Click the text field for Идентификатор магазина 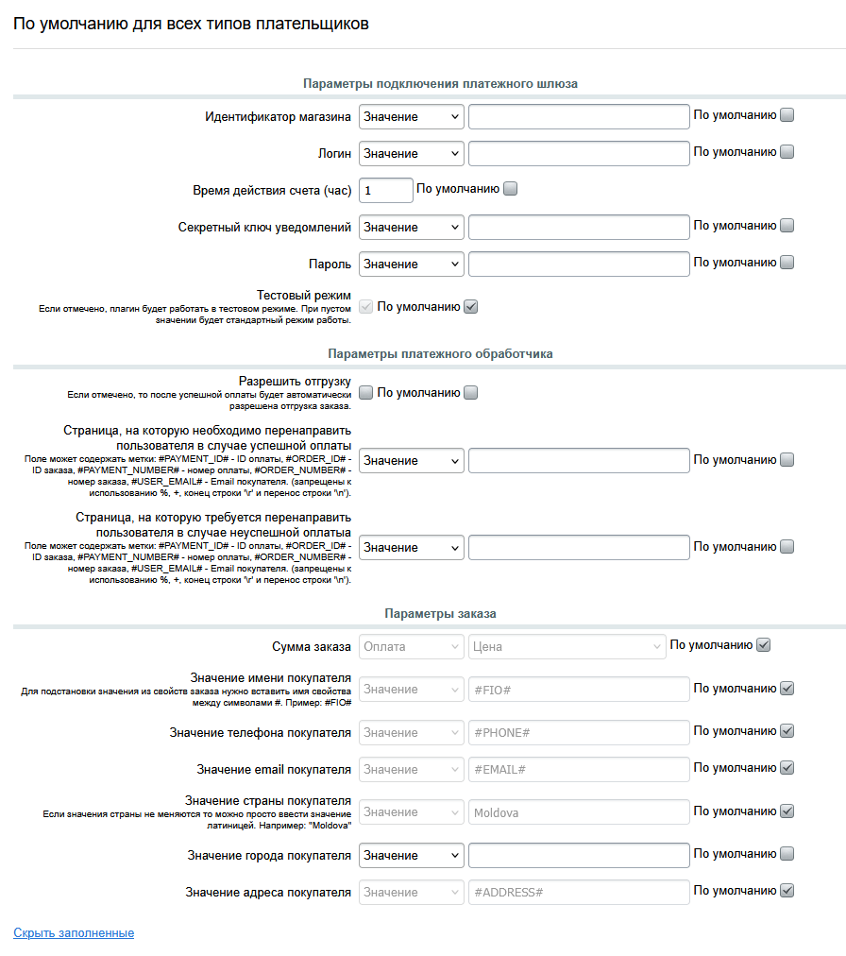coord(579,116)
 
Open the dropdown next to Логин coord(412,153)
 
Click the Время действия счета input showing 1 coord(385,190)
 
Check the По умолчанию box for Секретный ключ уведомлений coord(787,226)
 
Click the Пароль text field coord(579,264)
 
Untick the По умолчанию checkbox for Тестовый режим coord(471,306)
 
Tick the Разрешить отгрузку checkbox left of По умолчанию coord(366,393)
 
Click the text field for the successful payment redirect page coord(579,460)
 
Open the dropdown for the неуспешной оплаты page coord(412,547)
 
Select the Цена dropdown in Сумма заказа coord(567,646)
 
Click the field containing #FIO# coord(579,690)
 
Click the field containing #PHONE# coord(579,732)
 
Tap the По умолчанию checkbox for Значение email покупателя coord(787,768)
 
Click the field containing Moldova coord(579,812)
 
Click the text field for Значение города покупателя coord(579,855)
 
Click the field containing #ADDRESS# coord(579,892)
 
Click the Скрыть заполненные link coord(74,933)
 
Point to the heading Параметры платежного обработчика coord(440,353)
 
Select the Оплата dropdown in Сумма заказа coord(412,646)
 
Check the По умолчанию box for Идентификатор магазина coord(787,115)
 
